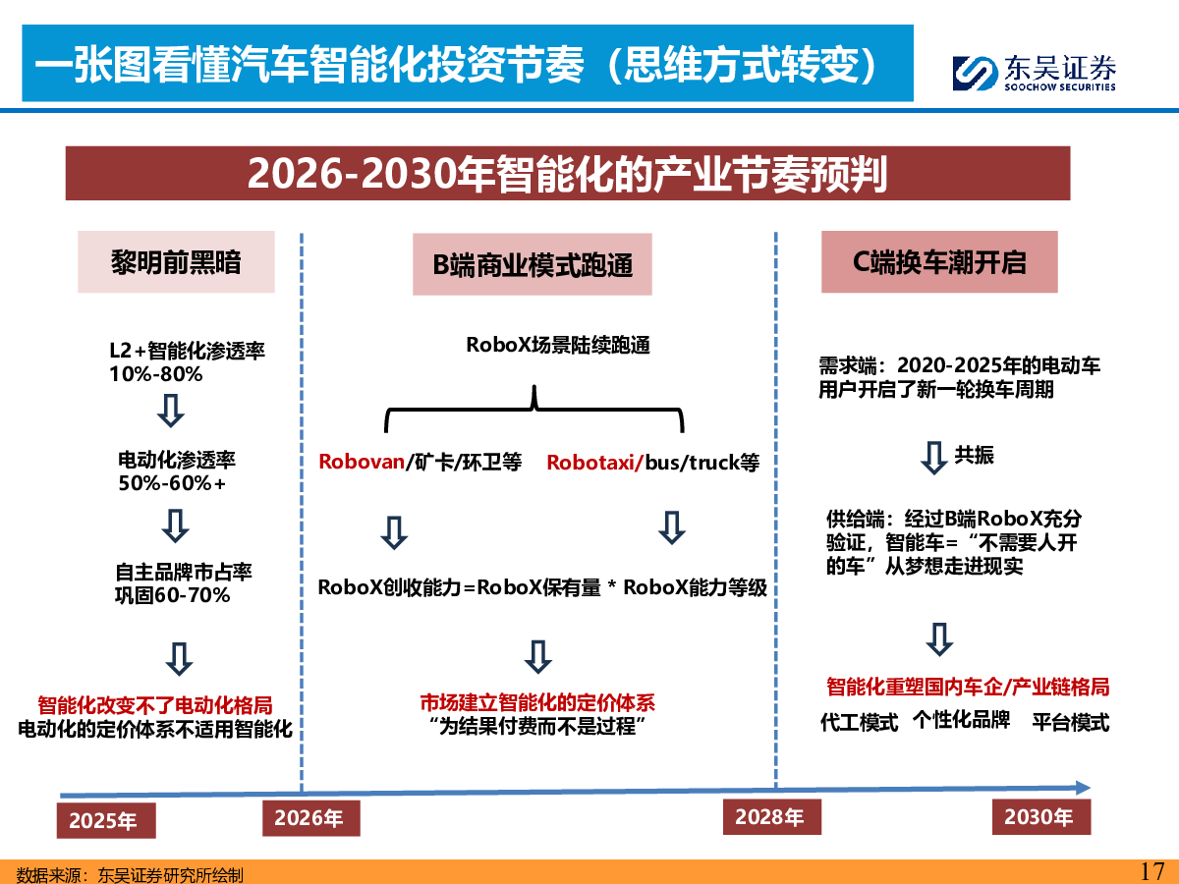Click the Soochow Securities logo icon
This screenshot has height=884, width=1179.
coord(975,73)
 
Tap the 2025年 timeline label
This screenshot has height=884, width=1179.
coord(106,820)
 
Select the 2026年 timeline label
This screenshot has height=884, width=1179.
coord(311,818)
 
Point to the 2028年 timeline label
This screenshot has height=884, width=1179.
coord(772,817)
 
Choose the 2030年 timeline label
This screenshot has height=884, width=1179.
coord(1040,817)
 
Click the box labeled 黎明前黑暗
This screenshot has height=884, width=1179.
coord(176,262)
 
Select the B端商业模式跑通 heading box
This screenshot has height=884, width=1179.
coord(533,264)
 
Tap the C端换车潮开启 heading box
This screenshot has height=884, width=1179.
coord(939,262)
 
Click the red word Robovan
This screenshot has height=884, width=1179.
coord(362,462)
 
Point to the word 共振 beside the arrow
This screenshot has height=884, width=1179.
coord(975,455)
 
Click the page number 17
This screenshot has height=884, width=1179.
coord(1152,870)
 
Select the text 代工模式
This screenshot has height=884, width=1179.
coord(859,723)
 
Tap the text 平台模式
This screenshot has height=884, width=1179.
coord(1071,723)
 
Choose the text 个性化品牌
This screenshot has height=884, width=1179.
coord(962,720)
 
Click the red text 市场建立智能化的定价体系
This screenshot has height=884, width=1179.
coord(537,702)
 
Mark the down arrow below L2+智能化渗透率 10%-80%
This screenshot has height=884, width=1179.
coord(171,411)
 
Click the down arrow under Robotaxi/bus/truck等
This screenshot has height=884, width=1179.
coord(672,528)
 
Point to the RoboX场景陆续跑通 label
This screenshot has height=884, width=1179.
coord(558,345)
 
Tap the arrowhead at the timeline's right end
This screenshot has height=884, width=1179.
coord(1084,788)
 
